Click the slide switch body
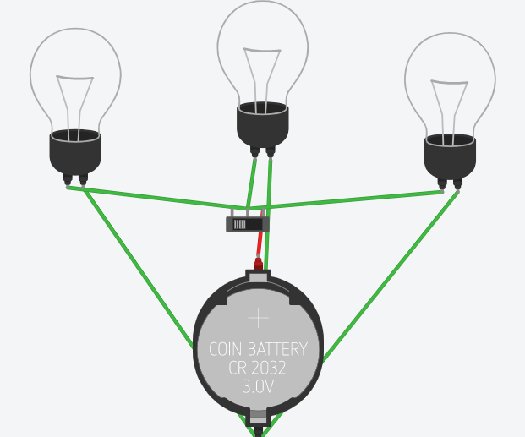tap(248, 224)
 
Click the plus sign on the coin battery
tap(258, 318)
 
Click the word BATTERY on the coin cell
tap(277, 349)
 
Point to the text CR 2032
tap(257, 368)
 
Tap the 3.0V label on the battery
tap(258, 386)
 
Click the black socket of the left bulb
tap(75, 154)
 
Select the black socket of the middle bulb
tap(262, 128)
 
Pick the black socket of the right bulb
tap(450, 159)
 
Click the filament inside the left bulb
tap(74, 107)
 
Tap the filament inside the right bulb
tap(449, 112)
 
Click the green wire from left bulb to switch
tap(157, 199)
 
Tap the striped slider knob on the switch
tap(240, 224)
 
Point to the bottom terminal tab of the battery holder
tap(258, 418)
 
